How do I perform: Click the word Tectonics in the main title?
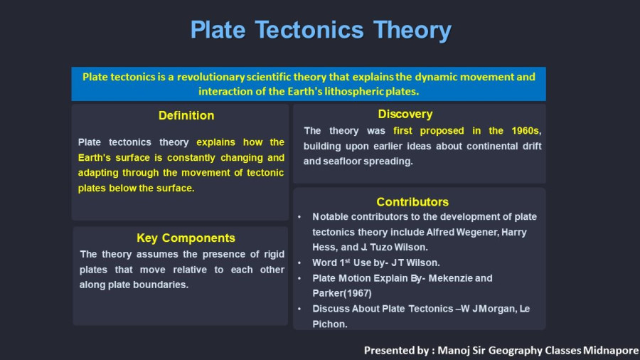[x=309, y=30]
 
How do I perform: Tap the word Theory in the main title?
[x=412, y=31]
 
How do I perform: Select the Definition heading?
[x=186, y=115]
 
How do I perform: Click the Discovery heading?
[x=405, y=115]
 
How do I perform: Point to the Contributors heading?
[x=412, y=202]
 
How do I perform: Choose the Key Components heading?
[x=186, y=238]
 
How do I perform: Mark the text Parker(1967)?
[x=342, y=293]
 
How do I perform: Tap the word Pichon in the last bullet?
[x=330, y=324]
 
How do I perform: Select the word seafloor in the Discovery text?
[x=341, y=162]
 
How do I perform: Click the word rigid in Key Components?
[x=274, y=255]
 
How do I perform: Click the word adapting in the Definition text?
[x=98, y=173]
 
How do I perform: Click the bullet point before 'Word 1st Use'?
[x=299, y=263]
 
